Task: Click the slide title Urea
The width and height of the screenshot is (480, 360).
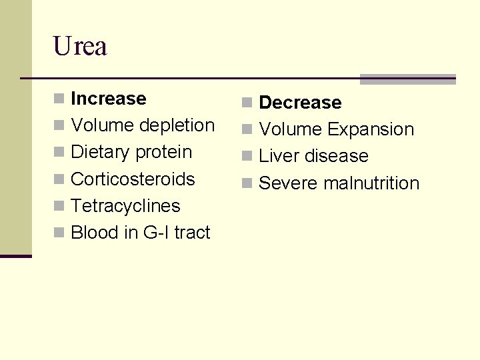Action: pos(80,46)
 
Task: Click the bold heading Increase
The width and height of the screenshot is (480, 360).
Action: pos(108,99)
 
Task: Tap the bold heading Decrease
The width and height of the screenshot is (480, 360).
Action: pos(300,103)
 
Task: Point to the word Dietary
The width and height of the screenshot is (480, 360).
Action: pos(100,152)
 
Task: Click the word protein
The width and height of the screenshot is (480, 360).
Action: pos(163,152)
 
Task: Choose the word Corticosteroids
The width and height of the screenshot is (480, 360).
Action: pos(133,179)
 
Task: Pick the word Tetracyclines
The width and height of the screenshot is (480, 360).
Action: pos(125,206)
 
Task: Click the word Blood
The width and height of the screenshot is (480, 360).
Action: pos(94,233)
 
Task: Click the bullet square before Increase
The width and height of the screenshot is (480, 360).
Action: pos(59,99)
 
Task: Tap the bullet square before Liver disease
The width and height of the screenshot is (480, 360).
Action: pos(247,157)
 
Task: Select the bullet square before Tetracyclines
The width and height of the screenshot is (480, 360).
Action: pos(59,207)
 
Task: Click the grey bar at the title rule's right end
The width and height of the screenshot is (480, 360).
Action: pos(407,79)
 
